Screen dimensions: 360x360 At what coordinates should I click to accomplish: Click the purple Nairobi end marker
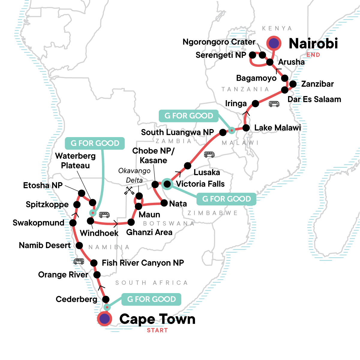[x=274, y=43]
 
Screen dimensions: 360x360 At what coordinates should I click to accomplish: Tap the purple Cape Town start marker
[x=104, y=319]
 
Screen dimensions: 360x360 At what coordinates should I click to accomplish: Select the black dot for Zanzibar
[x=293, y=84]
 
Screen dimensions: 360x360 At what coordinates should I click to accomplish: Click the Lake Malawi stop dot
[x=246, y=128]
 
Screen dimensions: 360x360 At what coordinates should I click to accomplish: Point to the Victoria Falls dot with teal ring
[x=167, y=184]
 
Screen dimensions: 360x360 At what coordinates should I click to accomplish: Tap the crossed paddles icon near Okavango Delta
[x=129, y=190]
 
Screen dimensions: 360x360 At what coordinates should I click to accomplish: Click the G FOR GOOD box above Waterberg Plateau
[x=95, y=143]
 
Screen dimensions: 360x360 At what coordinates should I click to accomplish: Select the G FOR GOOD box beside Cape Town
[x=151, y=299]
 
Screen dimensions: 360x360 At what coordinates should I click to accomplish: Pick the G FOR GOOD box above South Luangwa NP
[x=189, y=116]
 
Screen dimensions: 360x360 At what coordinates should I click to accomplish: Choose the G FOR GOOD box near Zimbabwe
[x=226, y=199]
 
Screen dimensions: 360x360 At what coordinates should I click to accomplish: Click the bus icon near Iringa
[x=274, y=104]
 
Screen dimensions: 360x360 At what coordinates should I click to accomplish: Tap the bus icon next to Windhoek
[x=104, y=215]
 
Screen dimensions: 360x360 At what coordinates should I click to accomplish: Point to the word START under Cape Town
[x=157, y=330]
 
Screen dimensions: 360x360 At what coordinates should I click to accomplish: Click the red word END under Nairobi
[x=313, y=55]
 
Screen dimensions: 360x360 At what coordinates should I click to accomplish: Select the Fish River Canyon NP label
[x=143, y=263]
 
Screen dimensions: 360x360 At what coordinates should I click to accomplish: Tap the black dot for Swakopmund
[x=73, y=223]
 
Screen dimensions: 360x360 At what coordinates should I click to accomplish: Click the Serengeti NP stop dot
[x=253, y=55]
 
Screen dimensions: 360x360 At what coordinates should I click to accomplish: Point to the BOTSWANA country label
[x=169, y=223]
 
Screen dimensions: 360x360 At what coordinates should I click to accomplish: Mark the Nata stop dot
[x=164, y=203]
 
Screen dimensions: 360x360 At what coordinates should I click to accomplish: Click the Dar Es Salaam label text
[x=314, y=99]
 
